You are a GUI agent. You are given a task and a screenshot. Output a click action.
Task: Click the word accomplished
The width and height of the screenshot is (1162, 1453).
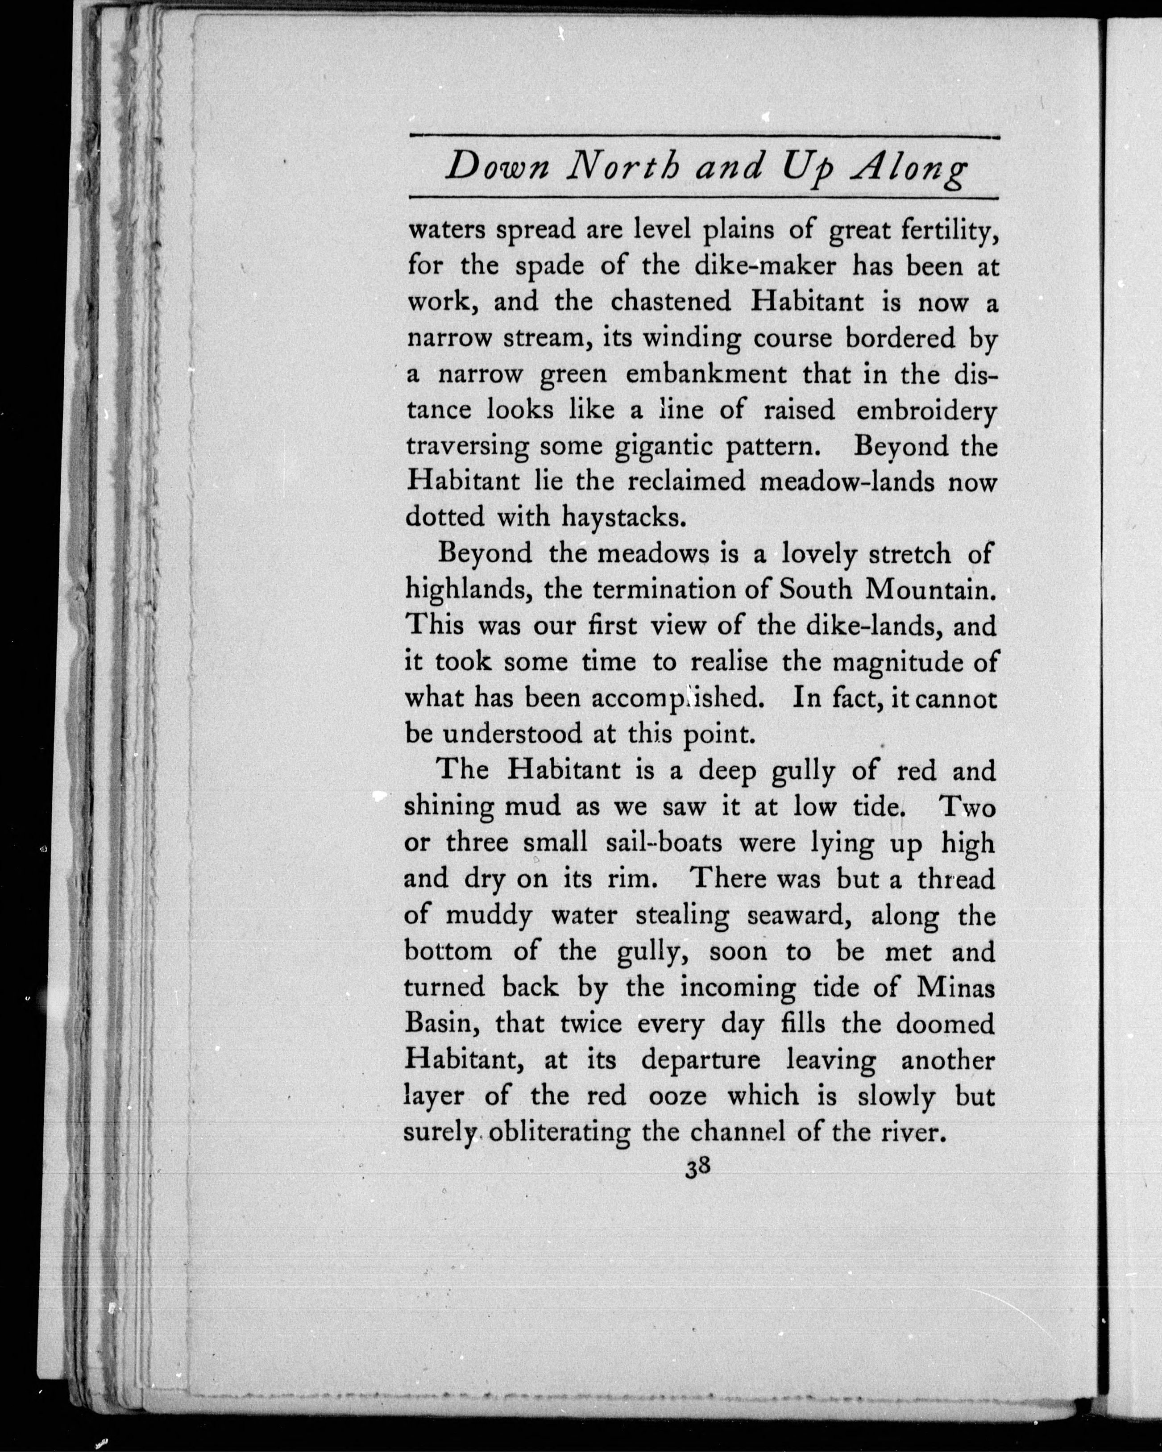pos(676,698)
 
